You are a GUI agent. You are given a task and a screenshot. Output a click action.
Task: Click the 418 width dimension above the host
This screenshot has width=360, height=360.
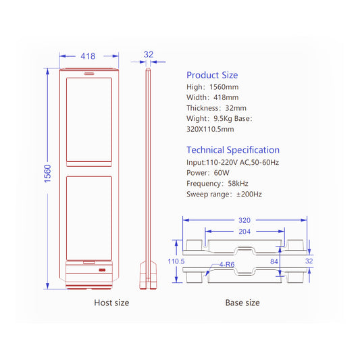88,56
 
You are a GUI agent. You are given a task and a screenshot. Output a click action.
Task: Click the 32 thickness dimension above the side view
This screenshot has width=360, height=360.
149,55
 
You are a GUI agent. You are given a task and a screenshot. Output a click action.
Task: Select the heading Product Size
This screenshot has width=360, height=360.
212,75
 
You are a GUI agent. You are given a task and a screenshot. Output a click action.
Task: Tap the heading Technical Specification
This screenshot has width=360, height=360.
232,150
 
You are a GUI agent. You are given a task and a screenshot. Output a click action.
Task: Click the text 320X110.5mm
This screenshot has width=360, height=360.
210,128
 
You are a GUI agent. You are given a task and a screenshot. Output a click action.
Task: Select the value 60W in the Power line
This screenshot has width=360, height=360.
222,173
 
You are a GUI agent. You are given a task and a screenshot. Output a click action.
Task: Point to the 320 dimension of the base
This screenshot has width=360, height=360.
244,220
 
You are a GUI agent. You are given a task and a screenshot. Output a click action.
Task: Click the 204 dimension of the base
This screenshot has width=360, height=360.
244,231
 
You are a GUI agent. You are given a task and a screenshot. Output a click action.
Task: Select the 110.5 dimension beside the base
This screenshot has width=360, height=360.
176,261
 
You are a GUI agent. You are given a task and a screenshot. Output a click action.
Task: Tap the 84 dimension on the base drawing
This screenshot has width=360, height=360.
274,261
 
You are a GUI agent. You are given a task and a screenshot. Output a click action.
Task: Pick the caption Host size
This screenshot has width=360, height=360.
111,303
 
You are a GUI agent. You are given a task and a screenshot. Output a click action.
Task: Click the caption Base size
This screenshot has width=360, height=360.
242,303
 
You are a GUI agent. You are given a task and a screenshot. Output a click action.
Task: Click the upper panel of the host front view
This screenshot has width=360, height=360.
89,121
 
